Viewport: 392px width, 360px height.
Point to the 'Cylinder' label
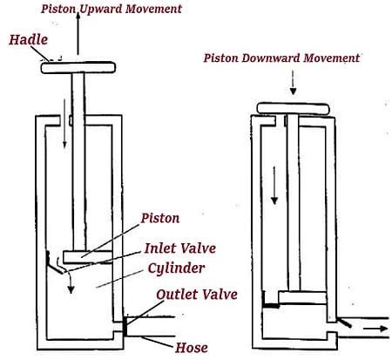[181, 269]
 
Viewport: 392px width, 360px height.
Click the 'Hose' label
[192, 347]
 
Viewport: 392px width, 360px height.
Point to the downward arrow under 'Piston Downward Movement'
[294, 83]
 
